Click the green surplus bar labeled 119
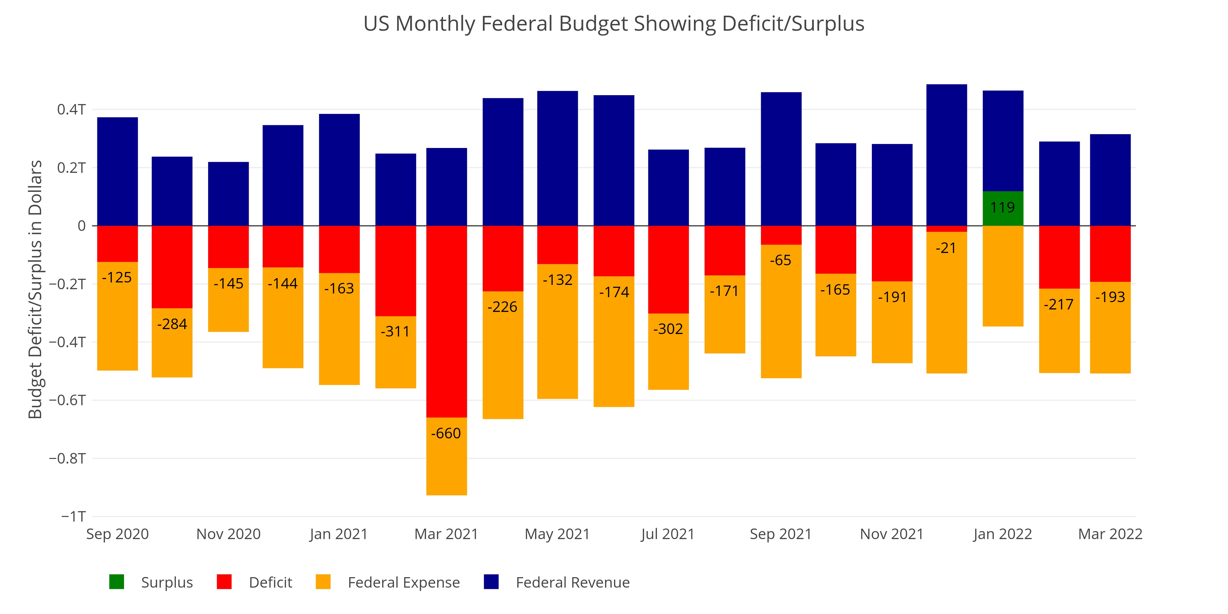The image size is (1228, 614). point(1003,208)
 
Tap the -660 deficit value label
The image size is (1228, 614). point(446,433)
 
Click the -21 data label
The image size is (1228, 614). point(946,248)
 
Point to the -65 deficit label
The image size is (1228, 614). point(780,260)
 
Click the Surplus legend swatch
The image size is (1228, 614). point(117,582)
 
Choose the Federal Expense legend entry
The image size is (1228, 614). point(403,582)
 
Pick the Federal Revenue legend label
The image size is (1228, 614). point(573,582)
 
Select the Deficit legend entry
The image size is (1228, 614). point(270,582)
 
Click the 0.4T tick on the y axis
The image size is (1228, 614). point(72,110)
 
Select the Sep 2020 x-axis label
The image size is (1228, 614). point(117,534)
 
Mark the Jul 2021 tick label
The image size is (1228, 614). point(667,534)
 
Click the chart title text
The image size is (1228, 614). point(613,24)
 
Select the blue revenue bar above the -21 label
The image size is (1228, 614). point(946,155)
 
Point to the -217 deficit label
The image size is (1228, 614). point(1059,305)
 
